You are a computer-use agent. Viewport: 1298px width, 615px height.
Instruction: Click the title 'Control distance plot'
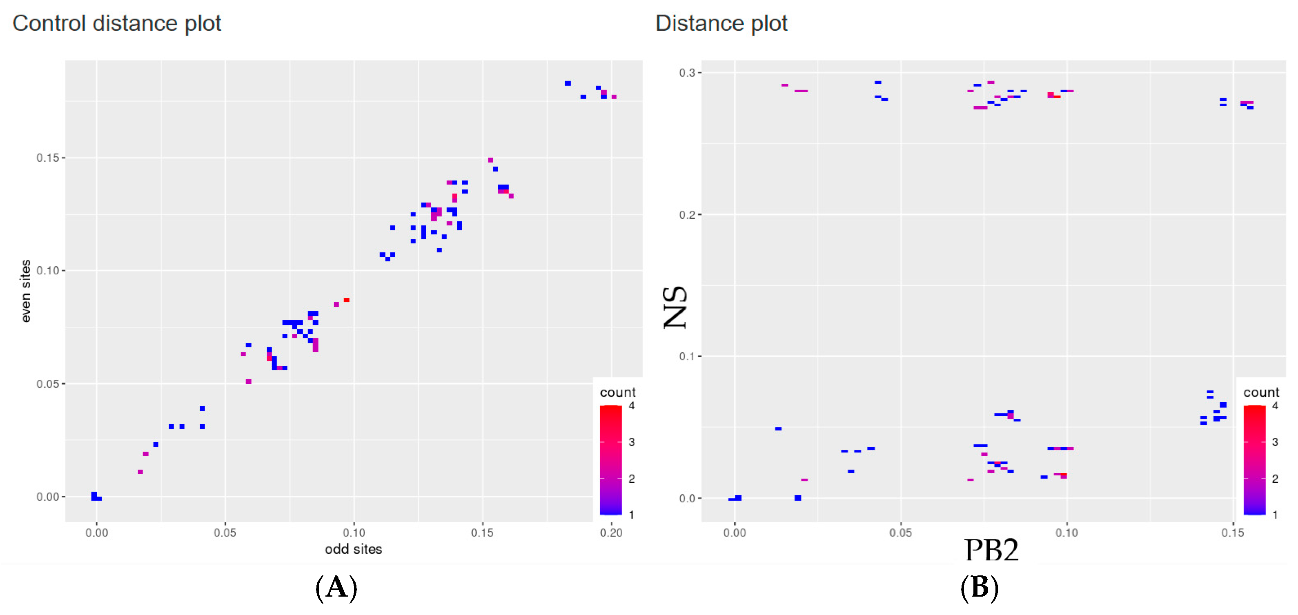[116, 24]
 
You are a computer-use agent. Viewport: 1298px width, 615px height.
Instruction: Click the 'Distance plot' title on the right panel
[721, 24]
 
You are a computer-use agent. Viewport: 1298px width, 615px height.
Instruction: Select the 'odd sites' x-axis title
[353, 549]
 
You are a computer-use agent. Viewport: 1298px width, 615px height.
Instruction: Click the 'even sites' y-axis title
[26, 291]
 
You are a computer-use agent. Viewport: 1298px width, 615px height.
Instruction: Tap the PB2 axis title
[991, 550]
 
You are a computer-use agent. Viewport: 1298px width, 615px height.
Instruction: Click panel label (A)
[336, 588]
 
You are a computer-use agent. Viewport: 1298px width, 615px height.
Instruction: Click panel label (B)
[979, 588]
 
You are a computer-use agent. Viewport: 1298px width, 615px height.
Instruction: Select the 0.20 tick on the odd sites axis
[611, 533]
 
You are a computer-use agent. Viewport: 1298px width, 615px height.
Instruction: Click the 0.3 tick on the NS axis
[687, 73]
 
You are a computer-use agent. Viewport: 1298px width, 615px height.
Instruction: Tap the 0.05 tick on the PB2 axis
[900, 533]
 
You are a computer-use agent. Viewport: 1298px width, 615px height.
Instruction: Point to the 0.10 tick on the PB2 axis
[1067, 533]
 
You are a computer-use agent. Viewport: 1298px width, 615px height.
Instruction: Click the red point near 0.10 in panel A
[347, 301]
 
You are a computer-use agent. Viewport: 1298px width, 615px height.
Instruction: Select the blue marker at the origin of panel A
[95, 497]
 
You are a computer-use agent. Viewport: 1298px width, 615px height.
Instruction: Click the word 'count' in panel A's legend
[617, 392]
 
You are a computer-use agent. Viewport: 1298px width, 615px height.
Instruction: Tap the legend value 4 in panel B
[1275, 406]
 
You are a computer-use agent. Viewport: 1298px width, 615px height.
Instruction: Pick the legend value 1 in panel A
[631, 515]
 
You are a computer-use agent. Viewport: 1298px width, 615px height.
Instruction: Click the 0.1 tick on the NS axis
[687, 357]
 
